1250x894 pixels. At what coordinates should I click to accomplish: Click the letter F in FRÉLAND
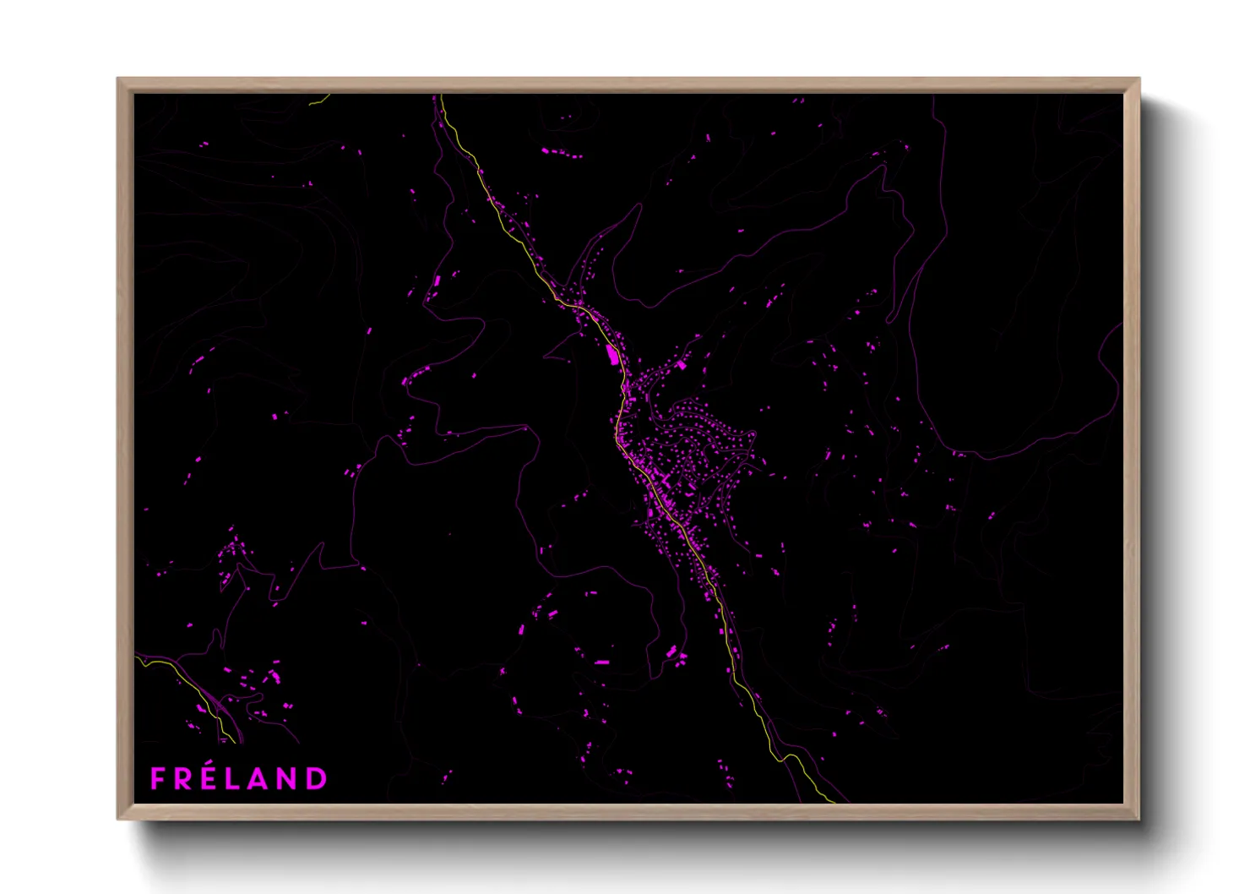(x=158, y=778)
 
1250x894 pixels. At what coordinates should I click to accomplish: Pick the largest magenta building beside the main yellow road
(x=611, y=354)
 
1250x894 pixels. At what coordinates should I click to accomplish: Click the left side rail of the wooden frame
(x=125, y=448)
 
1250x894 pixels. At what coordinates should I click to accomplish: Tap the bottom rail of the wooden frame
(x=629, y=811)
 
